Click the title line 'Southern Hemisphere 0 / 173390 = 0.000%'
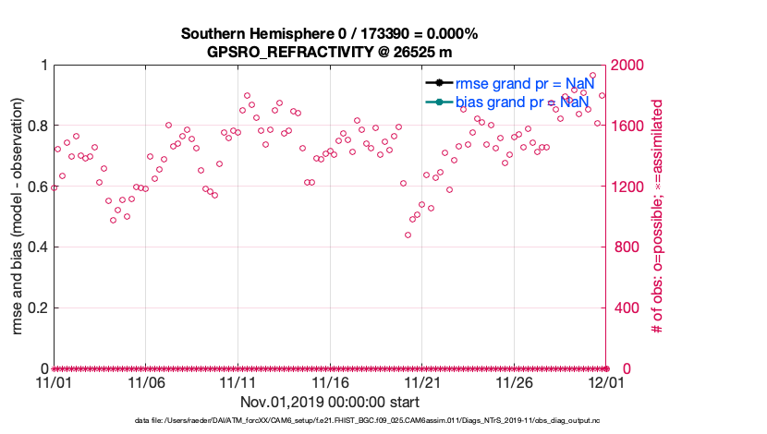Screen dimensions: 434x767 coord(329,34)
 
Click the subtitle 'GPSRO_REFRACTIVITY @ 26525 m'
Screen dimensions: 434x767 coord(329,52)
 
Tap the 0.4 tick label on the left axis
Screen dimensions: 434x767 coord(37,247)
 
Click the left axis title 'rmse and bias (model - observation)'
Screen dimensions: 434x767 coord(16,217)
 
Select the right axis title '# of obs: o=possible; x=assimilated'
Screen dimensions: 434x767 coord(659,217)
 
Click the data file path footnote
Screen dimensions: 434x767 coord(329,421)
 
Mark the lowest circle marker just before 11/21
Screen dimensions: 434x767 coord(408,235)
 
